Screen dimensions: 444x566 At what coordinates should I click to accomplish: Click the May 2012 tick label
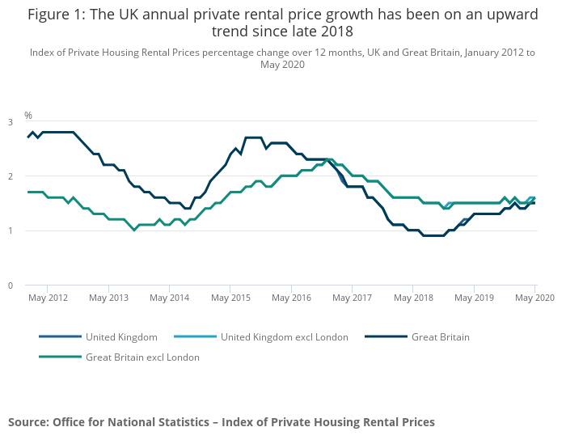pyautogui.click(x=48, y=298)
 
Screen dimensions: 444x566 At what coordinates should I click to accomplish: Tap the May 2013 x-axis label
pyautogui.click(x=109, y=298)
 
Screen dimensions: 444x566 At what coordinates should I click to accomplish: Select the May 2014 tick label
pyautogui.click(x=170, y=298)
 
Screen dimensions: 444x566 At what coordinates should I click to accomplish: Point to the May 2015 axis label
pyautogui.click(x=230, y=298)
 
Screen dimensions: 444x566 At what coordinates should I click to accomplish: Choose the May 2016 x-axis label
pyautogui.click(x=291, y=298)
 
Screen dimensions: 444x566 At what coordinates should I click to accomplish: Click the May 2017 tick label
pyautogui.click(x=352, y=298)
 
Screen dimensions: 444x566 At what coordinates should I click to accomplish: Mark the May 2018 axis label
pyautogui.click(x=413, y=298)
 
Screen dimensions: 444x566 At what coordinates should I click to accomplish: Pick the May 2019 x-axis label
pyautogui.click(x=474, y=298)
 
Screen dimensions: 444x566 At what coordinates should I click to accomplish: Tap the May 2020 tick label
pyautogui.click(x=534, y=298)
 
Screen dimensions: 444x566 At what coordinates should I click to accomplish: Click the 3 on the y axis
pyautogui.click(x=11, y=122)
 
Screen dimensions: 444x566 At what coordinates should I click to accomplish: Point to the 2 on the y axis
pyautogui.click(x=11, y=176)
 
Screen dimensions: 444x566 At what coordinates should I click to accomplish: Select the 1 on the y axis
pyautogui.click(x=11, y=231)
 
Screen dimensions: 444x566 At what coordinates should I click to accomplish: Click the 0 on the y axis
pyautogui.click(x=11, y=285)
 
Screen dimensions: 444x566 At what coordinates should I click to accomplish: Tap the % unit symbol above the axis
pyautogui.click(x=27, y=116)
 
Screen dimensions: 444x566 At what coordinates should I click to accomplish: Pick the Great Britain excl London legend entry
pyautogui.click(x=142, y=357)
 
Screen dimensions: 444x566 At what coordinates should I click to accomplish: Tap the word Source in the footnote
pyautogui.click(x=27, y=422)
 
